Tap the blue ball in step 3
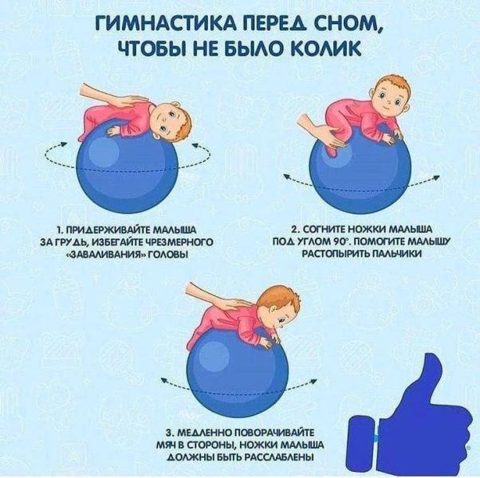[x=238, y=373]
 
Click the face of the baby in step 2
[x=387, y=97]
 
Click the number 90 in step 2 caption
[x=336, y=241]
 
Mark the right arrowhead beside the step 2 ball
[x=436, y=178]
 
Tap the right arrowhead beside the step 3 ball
[x=313, y=381]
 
